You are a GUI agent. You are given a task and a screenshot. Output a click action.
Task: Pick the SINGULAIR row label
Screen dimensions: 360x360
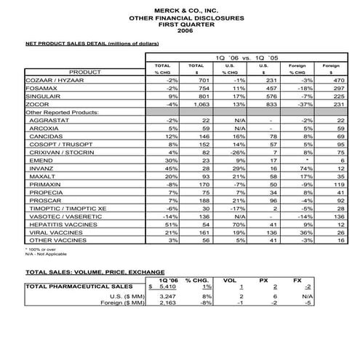click(44, 100)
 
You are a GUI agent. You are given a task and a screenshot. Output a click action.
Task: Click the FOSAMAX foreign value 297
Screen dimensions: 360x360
click(336, 91)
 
